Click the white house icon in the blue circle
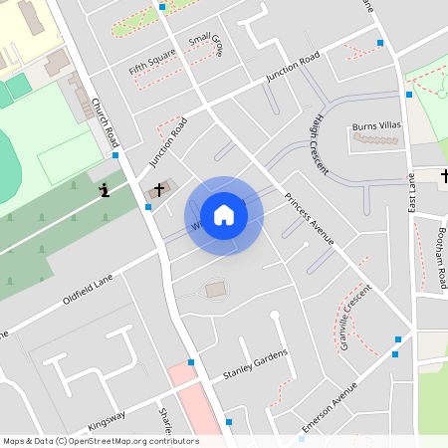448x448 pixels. [224, 215]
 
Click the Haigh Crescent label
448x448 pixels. [319, 143]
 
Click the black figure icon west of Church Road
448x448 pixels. [105, 190]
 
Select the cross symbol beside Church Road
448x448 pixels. [157, 189]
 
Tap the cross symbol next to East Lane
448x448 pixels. [444, 177]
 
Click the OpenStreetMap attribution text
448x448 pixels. [101, 441]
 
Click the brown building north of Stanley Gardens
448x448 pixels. [216, 290]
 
